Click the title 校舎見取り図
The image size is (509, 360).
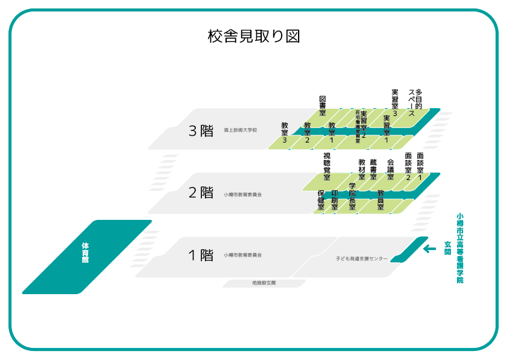pyautogui.click(x=254, y=36)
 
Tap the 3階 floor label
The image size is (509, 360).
pyautogui.click(x=201, y=131)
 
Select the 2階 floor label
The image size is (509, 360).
pyautogui.click(x=201, y=193)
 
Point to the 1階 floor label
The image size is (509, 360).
pyautogui.click(x=201, y=255)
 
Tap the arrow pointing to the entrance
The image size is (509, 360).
pyautogui.click(x=430, y=249)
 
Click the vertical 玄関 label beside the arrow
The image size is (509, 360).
pyautogui.click(x=448, y=248)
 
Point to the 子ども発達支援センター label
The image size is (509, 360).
pyautogui.click(x=361, y=259)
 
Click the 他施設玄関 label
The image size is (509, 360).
pyautogui.click(x=264, y=283)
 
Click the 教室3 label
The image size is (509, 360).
pyautogui.click(x=285, y=133)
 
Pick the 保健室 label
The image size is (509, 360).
pyautogui.click(x=321, y=200)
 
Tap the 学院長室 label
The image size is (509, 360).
pyautogui.click(x=352, y=195)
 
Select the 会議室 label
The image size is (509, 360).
pyautogui.click(x=391, y=169)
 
